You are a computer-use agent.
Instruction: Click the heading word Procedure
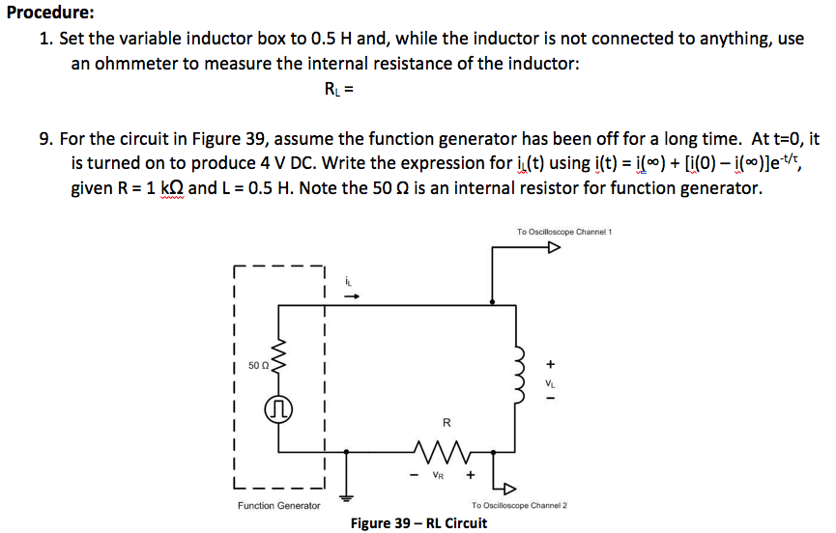(x=50, y=13)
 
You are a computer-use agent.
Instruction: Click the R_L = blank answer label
(x=338, y=89)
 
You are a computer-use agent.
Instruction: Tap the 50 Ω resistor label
(x=258, y=365)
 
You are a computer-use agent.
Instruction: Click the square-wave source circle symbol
(x=278, y=409)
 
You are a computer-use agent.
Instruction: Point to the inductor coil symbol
(x=518, y=376)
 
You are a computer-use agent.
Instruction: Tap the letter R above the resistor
(x=447, y=422)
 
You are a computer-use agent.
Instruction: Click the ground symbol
(x=347, y=498)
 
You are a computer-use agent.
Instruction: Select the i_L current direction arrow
(x=352, y=296)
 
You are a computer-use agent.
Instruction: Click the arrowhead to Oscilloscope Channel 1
(x=555, y=247)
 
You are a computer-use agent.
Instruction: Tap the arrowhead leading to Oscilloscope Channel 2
(x=510, y=489)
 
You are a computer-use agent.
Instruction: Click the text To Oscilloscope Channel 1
(x=564, y=232)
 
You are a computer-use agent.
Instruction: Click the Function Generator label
(x=279, y=505)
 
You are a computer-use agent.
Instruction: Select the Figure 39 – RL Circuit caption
(x=418, y=523)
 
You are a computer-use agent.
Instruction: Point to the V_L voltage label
(x=550, y=382)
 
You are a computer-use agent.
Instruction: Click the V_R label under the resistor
(x=438, y=475)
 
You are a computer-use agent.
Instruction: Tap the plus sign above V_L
(x=551, y=364)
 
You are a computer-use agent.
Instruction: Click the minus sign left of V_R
(x=414, y=474)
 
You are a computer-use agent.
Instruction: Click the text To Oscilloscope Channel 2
(x=519, y=505)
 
